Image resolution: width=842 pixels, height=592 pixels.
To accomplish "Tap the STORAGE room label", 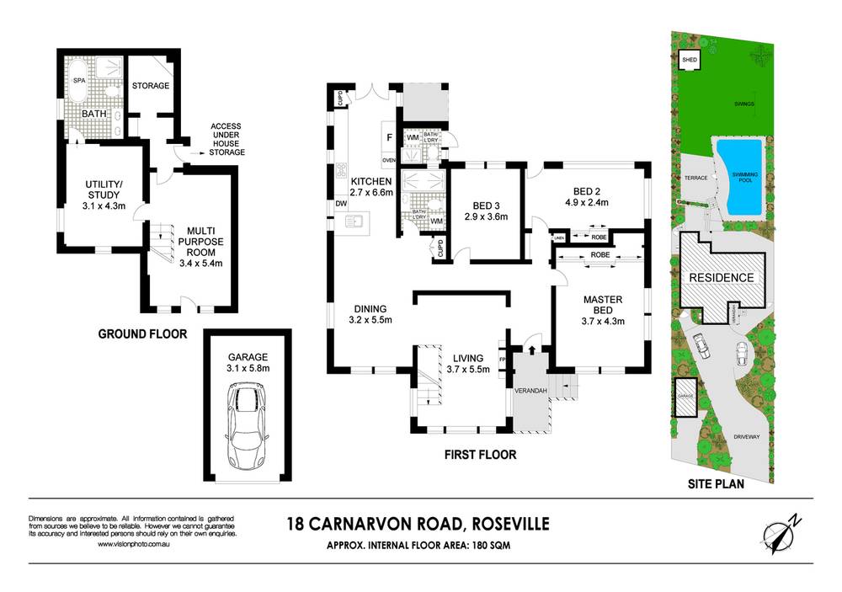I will (151, 86).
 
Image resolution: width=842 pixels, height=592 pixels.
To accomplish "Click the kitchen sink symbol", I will (354, 222).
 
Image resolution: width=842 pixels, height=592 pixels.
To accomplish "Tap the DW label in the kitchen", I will (341, 204).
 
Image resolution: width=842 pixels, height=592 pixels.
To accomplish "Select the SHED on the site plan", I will (690, 60).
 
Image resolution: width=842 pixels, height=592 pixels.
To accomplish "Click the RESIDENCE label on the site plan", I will (722, 277).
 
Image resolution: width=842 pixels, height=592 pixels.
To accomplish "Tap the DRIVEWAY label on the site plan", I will (747, 437).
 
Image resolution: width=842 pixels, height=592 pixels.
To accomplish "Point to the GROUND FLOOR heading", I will (142, 333).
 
